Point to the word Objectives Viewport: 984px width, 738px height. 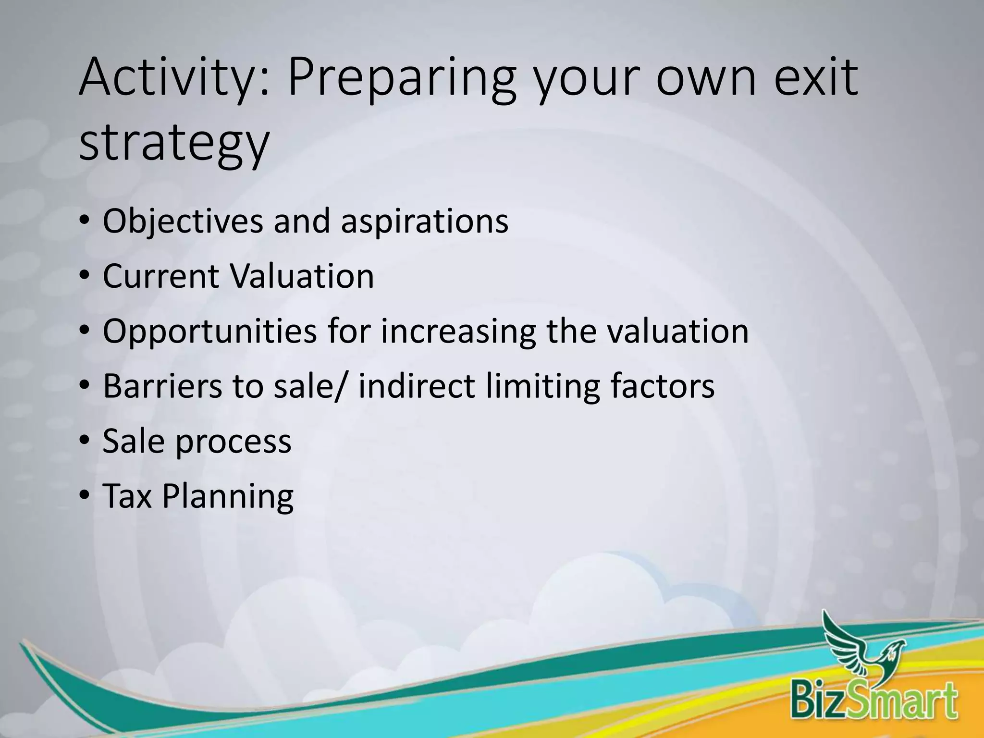tap(183, 221)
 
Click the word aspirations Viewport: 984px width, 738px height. tap(424, 221)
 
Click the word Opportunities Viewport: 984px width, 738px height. tap(210, 332)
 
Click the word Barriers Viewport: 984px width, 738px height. tap(162, 386)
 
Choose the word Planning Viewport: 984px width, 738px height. tap(228, 497)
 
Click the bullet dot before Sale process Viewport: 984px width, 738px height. tap(85, 441)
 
